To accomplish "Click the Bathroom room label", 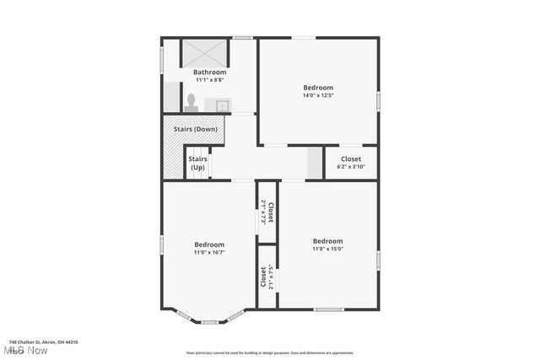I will coord(209,73).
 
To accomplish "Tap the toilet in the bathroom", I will coord(192,102).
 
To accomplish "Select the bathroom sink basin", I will coord(222,105).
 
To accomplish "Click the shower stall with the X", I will coord(205,52).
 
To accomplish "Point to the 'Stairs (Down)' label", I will coord(196,129).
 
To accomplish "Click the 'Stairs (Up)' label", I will coord(197,163).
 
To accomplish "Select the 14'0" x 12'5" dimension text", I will coord(318,95).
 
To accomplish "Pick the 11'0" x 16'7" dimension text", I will coord(209,252).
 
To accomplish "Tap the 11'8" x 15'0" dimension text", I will coord(327,249).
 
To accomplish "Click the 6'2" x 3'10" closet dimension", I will coord(350,167).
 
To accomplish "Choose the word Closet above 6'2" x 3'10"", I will coord(350,159).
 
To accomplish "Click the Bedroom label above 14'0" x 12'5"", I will coord(318,87).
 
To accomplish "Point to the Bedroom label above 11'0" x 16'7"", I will coord(209,244).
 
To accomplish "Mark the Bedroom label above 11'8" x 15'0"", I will coord(327,240).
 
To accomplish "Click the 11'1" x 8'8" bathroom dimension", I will coord(209,80).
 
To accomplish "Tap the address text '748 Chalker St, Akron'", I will coord(43,341).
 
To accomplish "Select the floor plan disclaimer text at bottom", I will coord(270,352).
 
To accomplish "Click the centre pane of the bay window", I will coord(209,321).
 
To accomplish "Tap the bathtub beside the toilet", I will coord(171,97).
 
